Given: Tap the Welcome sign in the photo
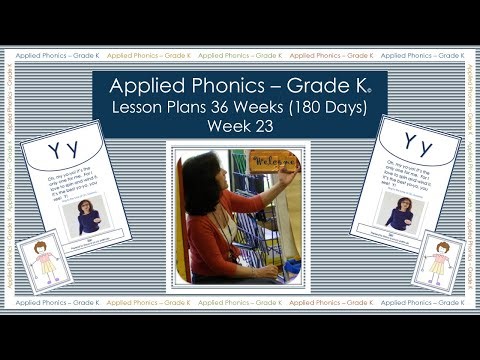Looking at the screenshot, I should tap(272, 160).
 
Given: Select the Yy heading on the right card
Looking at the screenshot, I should tap(418, 148).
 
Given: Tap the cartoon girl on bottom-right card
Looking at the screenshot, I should tap(437, 261).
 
